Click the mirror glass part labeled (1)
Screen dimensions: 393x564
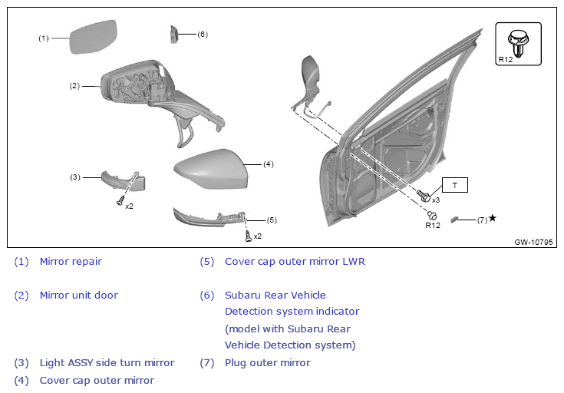(94, 38)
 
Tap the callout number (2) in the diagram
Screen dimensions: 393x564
(74, 85)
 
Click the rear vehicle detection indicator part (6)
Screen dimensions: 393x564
(173, 35)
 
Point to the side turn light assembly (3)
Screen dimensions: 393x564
(123, 181)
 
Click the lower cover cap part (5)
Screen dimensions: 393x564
(207, 217)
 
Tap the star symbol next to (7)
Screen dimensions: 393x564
(493, 219)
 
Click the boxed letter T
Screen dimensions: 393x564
(454, 185)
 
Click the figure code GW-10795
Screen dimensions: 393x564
(533, 243)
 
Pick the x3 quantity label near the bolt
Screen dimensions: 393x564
(435, 200)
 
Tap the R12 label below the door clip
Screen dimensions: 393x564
(433, 226)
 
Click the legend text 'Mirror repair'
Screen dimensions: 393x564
(71, 261)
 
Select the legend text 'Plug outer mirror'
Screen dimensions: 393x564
(267, 362)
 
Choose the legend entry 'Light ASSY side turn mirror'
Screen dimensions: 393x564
(107, 362)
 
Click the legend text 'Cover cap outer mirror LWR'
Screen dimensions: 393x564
(295, 261)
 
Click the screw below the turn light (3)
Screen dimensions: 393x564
(120, 201)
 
